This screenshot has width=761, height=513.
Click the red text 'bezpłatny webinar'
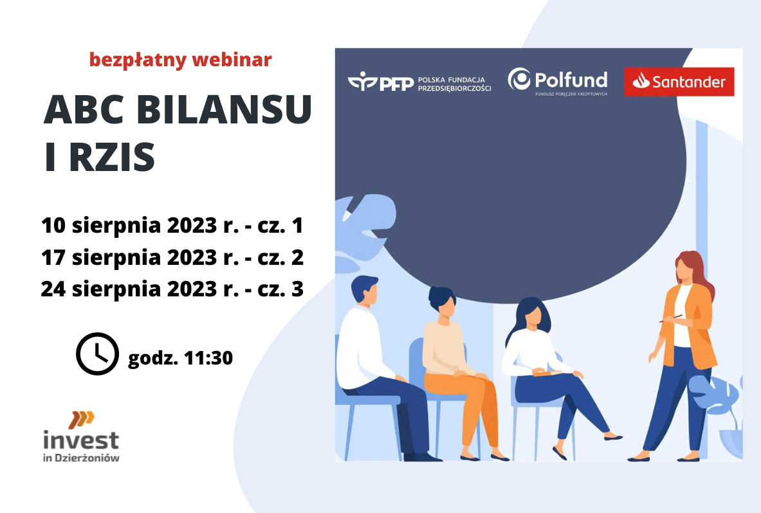(181, 60)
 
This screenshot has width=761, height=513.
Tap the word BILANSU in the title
(225, 109)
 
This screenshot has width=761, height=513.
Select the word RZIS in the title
(112, 157)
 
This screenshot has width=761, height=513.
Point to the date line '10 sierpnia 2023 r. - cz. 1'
(172, 226)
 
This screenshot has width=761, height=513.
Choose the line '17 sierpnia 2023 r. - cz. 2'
(172, 258)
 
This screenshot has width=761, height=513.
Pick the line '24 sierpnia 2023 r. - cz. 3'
(172, 289)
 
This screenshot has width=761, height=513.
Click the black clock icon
(98, 354)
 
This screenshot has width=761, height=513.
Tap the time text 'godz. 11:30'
(181, 358)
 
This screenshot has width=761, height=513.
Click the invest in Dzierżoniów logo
(81, 437)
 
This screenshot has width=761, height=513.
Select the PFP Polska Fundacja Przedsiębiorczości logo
(419, 82)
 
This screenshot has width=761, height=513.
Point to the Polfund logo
(558, 81)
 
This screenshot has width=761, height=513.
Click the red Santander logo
(679, 82)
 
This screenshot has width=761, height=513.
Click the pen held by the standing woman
(671, 319)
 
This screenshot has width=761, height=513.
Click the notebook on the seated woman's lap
(547, 373)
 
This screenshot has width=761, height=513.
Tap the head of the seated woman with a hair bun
(443, 305)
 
